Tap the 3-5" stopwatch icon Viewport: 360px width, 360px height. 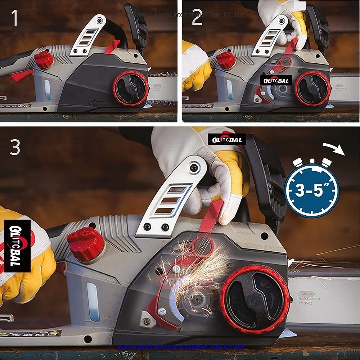pyautogui.click(x=312, y=189)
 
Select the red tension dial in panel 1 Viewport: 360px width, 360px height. pyautogui.click(x=130, y=88)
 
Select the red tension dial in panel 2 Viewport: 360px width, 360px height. pyautogui.click(x=312, y=89)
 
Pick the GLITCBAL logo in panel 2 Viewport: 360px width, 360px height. pyautogui.click(x=276, y=81)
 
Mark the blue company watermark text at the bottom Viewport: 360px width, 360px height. pyautogui.click(x=180, y=347)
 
